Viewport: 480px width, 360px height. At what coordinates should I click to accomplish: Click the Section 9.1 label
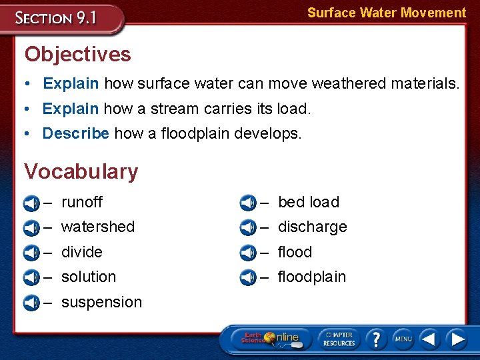(x=57, y=17)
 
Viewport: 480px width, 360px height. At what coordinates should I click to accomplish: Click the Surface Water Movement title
(x=386, y=13)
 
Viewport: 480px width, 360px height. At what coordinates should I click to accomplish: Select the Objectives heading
(x=77, y=54)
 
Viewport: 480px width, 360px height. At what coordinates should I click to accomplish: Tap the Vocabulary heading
(x=81, y=171)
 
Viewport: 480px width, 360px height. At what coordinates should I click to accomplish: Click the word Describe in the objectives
(x=75, y=133)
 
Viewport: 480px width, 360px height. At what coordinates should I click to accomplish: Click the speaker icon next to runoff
(x=31, y=203)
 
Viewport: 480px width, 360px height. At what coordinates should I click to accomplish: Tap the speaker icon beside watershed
(x=31, y=227)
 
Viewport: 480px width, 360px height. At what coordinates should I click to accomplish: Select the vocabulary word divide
(x=81, y=252)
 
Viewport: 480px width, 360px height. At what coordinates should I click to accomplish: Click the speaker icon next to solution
(x=31, y=277)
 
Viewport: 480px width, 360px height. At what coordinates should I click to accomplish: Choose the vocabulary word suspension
(x=101, y=302)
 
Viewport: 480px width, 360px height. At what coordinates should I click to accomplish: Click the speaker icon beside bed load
(x=247, y=203)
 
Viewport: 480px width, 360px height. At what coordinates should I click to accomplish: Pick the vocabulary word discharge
(x=312, y=227)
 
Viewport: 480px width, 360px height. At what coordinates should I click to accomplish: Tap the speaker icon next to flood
(x=247, y=253)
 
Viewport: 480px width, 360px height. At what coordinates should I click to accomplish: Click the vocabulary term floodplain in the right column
(x=311, y=277)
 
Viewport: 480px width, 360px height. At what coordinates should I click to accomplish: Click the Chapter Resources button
(x=339, y=339)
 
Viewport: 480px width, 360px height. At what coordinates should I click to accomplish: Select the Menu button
(x=403, y=339)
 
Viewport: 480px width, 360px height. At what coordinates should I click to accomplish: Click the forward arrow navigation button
(x=457, y=339)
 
